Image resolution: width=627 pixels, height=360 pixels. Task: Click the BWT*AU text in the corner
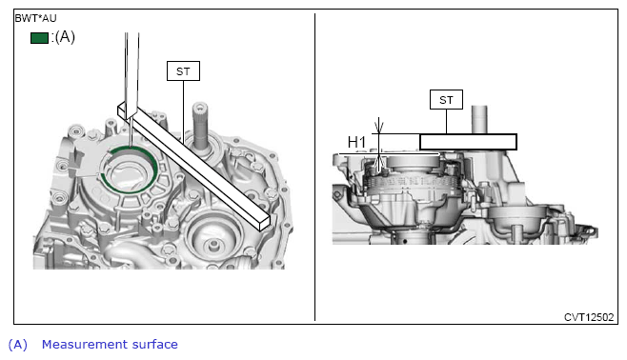[35, 18]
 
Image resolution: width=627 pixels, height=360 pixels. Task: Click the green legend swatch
[39, 38]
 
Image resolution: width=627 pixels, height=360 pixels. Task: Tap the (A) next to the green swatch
[65, 37]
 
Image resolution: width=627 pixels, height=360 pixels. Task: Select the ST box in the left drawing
[183, 71]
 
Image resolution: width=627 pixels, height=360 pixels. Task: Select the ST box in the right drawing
[446, 99]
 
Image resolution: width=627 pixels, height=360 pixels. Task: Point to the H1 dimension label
[356, 142]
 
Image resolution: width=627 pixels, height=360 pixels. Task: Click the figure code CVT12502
[589, 317]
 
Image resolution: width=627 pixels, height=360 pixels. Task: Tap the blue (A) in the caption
[17, 345]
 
